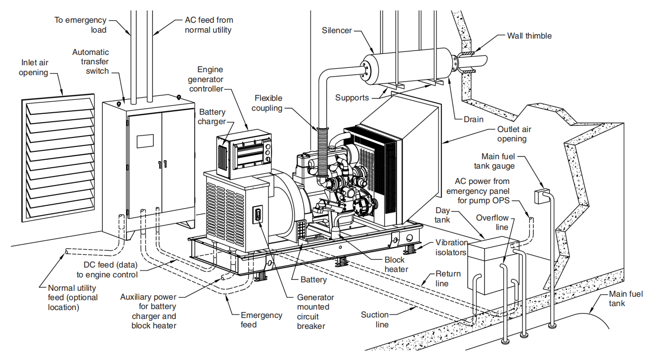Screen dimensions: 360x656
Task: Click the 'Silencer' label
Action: click(337, 30)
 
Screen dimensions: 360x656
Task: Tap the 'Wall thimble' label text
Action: click(529, 36)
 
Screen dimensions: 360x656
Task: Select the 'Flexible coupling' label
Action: click(268, 103)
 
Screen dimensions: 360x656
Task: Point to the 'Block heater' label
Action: click(396, 265)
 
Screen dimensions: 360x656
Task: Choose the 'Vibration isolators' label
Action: click(451, 247)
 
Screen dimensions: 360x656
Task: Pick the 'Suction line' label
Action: click(375, 319)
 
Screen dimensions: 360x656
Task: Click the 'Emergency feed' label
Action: click(262, 319)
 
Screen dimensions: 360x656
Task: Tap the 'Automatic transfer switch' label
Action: click(90, 62)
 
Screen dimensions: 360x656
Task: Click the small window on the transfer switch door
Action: click(145, 140)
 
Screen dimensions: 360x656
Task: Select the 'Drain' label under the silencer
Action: click(474, 119)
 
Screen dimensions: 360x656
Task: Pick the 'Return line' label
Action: click(448, 278)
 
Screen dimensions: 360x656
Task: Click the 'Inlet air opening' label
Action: click(34, 68)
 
